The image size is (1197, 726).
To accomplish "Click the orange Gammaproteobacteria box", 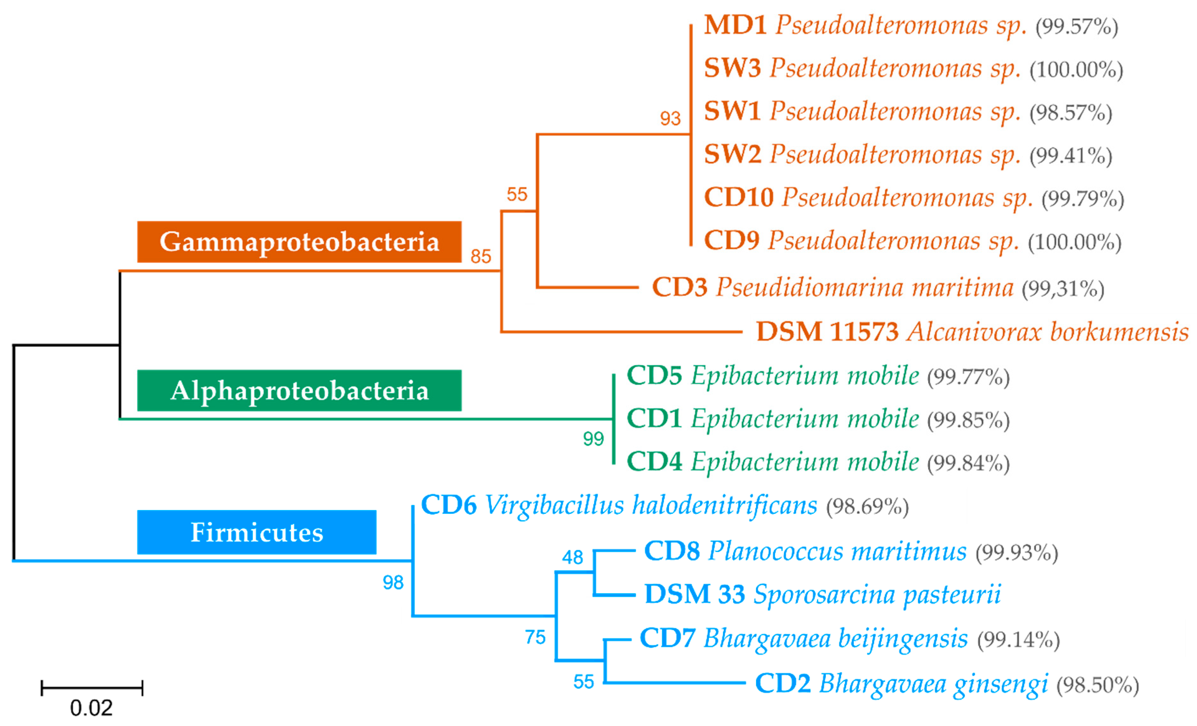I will (x=299, y=242).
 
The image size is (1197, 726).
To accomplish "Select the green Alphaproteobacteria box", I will (x=299, y=391).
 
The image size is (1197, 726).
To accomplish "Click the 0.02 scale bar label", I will (x=91, y=708).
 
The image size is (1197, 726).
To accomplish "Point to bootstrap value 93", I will (x=670, y=118).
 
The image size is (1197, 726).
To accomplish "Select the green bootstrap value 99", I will (x=593, y=439).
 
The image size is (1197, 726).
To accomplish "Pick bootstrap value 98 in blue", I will (x=393, y=582).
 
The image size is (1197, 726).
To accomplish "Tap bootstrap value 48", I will (x=572, y=557).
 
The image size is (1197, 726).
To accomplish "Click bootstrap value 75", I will (x=535, y=637).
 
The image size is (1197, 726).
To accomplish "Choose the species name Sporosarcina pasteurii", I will (x=877, y=594).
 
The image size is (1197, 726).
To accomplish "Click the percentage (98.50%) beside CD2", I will (x=1097, y=685).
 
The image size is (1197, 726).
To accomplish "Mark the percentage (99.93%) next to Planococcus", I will (x=1017, y=553).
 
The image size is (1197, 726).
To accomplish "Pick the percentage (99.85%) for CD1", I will (x=968, y=420).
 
